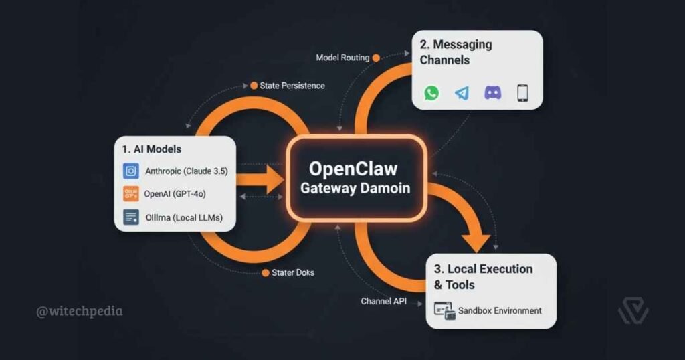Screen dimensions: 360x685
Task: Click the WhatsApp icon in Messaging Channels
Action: (x=431, y=93)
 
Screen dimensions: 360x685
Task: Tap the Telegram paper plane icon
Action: (x=462, y=93)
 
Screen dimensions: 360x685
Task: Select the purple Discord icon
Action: (x=492, y=93)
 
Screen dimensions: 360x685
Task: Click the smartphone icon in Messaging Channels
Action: (x=522, y=93)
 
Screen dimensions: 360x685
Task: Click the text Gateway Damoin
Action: (x=355, y=188)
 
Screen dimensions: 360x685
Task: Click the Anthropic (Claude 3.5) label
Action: (x=187, y=171)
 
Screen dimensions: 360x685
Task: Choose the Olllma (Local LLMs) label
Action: (x=184, y=217)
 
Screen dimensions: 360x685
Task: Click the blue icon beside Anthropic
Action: (x=131, y=171)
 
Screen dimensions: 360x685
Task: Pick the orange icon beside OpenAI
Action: (x=131, y=195)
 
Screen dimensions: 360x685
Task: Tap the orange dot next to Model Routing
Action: (x=375, y=58)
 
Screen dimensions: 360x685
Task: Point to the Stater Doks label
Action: (x=293, y=273)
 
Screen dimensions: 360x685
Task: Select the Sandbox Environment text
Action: (x=500, y=310)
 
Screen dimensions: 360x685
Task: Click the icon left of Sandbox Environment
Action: (x=444, y=310)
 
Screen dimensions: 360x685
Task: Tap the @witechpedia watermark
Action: (x=80, y=311)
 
